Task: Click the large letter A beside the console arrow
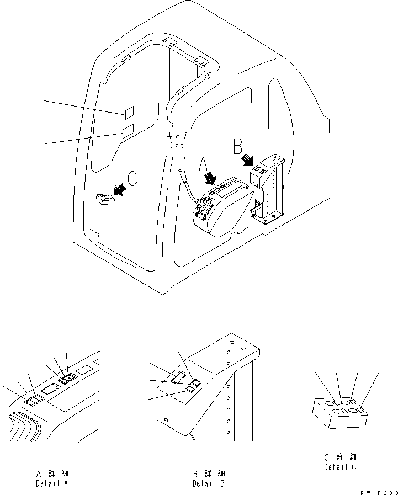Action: click(x=203, y=164)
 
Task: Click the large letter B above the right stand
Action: click(x=237, y=146)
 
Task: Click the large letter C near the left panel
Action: click(x=132, y=179)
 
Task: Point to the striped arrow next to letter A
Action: click(x=210, y=179)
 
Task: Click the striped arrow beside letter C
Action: click(x=118, y=189)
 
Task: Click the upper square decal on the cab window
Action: click(x=129, y=113)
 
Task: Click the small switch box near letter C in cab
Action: click(x=104, y=199)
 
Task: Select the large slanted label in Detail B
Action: click(x=178, y=376)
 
